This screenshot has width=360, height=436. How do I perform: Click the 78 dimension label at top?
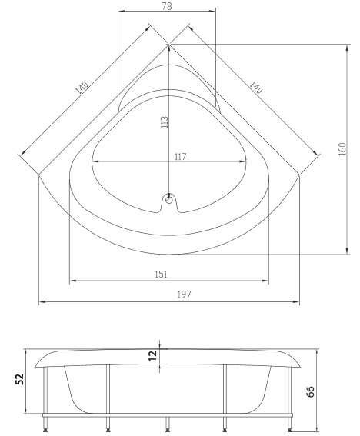[167, 6]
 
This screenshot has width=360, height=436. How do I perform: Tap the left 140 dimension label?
[82, 88]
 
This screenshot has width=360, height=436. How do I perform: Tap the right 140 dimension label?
[255, 87]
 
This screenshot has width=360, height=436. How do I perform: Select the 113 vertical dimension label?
[165, 121]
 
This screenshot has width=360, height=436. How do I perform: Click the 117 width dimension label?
[180, 157]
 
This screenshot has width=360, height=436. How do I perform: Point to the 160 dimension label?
[342, 148]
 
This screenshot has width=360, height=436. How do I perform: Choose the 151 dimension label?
[161, 275]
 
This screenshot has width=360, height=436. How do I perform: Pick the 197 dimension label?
[184, 295]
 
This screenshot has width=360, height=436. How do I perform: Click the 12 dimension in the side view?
[153, 356]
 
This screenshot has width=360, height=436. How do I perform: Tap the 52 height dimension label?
[19, 379]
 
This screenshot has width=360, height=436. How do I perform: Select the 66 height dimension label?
[311, 391]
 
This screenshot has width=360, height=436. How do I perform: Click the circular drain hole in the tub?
[168, 200]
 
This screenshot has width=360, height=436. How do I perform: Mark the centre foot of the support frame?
[167, 424]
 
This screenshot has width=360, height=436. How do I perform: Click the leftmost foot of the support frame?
[45, 424]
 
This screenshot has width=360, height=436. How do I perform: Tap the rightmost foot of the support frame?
[289, 424]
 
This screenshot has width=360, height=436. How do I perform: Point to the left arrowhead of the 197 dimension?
[42, 301]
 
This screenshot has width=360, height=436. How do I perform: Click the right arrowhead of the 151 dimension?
[265, 281]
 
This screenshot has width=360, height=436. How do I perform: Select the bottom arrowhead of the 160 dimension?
[347, 251]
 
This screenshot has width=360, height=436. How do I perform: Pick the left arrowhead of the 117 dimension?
[95, 161]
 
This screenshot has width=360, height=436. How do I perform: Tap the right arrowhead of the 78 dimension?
[212, 11]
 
